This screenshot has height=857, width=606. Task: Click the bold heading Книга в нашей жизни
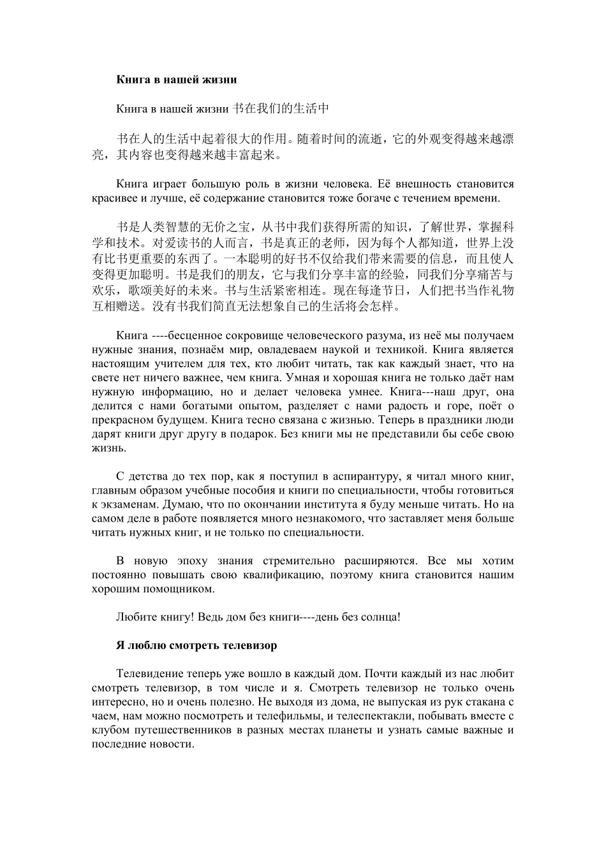pos(176,80)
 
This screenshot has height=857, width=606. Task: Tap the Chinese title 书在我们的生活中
pos(280,108)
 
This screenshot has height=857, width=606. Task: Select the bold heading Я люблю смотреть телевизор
pos(196,645)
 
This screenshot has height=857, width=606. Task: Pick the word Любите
pos(134,617)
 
